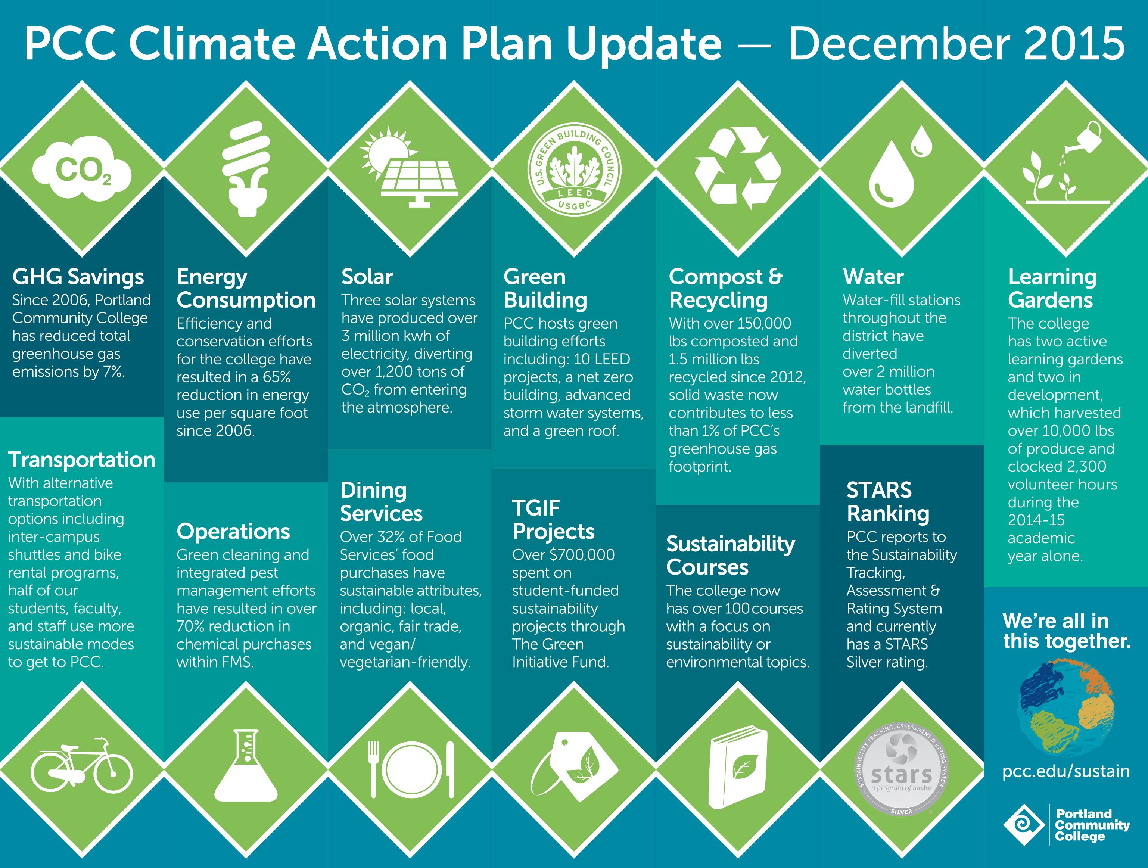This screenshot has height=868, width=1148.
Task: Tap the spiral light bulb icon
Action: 246,169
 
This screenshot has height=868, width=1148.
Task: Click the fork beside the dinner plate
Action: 373,769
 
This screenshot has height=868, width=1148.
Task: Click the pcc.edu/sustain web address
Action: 1066,771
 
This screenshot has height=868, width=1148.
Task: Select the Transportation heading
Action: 81,460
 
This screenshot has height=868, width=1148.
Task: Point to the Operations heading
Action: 233,532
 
